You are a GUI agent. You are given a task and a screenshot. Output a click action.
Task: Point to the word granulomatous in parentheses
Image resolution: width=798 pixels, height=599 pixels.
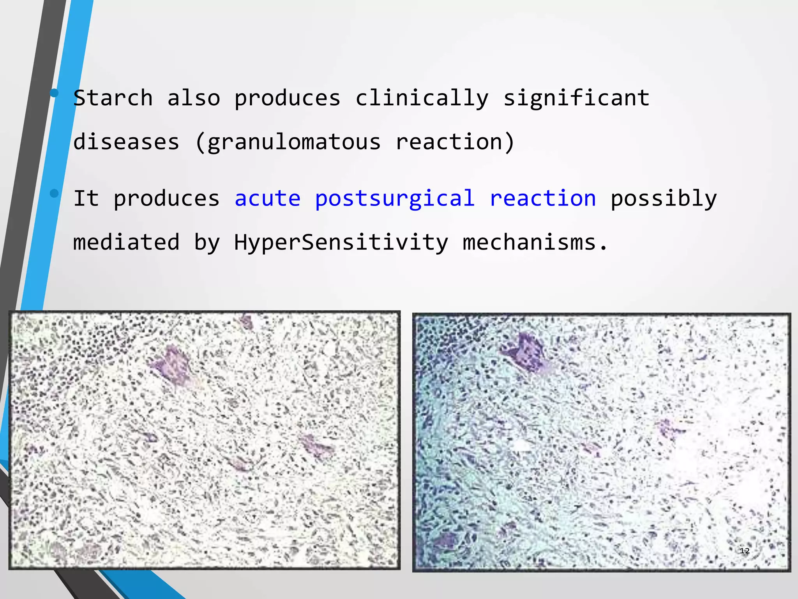click(x=294, y=142)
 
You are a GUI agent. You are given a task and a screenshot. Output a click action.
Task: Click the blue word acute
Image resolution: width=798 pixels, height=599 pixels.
click(x=267, y=198)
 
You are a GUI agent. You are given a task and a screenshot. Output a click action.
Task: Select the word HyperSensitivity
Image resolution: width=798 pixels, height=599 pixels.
click(x=341, y=242)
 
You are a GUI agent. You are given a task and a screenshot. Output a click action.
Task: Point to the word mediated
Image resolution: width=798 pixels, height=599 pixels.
click(x=126, y=242)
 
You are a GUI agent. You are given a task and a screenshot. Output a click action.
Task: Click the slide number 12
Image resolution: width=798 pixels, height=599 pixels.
click(x=744, y=551)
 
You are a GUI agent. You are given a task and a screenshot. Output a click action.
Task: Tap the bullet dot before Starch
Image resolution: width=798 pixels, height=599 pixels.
click(x=54, y=93)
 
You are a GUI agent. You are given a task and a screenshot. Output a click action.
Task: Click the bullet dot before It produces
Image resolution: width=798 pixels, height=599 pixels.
click(x=54, y=193)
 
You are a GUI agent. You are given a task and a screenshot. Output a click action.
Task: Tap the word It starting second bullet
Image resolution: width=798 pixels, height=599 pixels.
click(x=86, y=198)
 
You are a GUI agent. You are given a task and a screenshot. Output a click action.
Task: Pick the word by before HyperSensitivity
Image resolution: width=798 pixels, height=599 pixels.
click(x=207, y=243)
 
